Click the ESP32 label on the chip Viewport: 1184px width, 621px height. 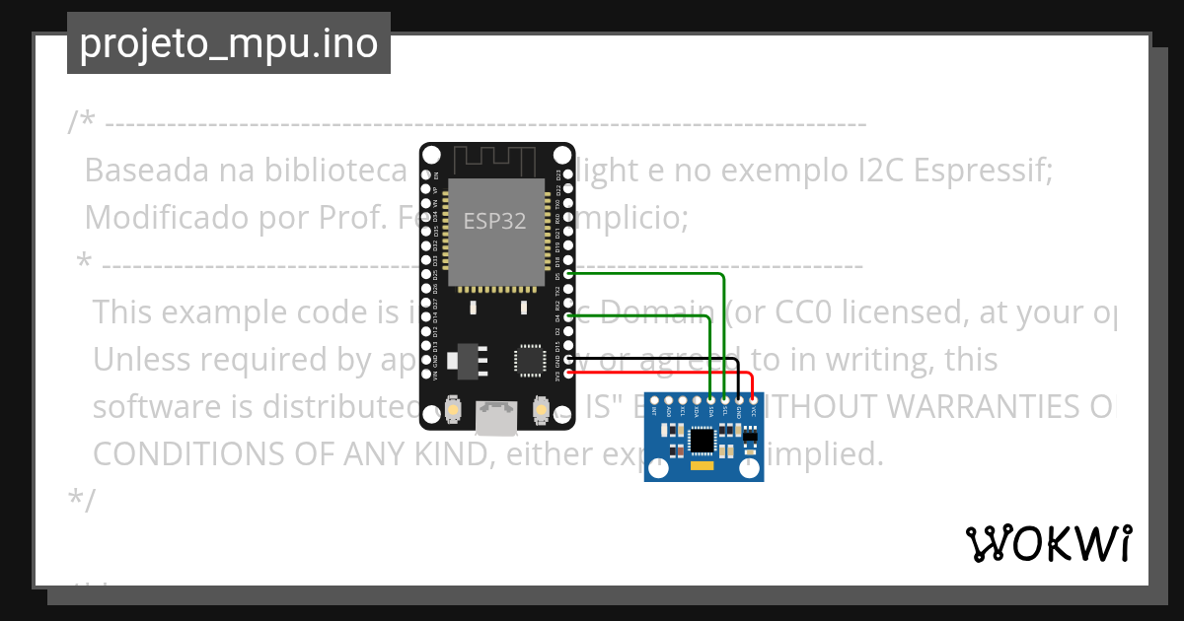point(495,221)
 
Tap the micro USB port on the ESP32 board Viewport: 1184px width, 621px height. point(495,417)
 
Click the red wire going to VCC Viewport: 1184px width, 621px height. point(691,374)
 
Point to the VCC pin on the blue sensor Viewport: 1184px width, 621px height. point(753,399)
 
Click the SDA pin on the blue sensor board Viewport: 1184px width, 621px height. point(710,399)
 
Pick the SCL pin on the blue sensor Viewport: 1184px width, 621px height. point(725,399)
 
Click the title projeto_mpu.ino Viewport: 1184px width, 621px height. point(228,44)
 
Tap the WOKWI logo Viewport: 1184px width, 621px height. point(1048,543)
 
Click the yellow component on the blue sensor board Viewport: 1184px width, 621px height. point(702,465)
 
